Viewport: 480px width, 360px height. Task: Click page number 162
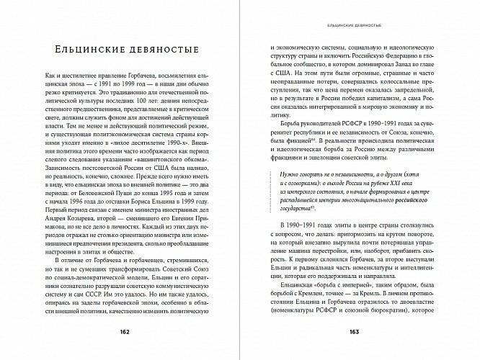coord(123,331)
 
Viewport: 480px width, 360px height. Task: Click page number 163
coord(353,331)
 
